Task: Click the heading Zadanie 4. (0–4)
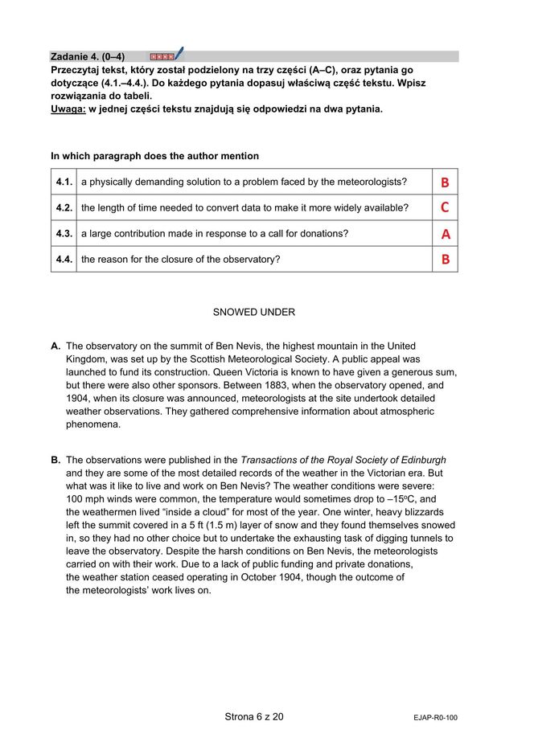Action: (88, 56)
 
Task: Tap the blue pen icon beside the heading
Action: (179, 54)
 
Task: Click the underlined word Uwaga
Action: (68, 109)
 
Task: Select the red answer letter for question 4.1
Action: (445, 182)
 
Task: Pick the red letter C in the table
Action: (445, 208)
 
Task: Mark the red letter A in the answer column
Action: (445, 234)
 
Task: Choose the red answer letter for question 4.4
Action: (445, 260)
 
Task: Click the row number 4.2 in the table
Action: (64, 208)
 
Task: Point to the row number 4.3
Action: (64, 234)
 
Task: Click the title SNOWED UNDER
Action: (253, 312)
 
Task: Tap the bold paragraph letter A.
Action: (55, 346)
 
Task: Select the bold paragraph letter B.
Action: (55, 461)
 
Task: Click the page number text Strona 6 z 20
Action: (253, 716)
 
